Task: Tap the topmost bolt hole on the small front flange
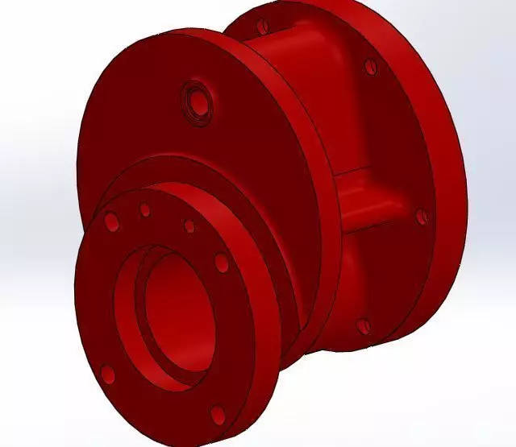(x=145, y=210)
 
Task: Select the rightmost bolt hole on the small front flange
(x=222, y=263)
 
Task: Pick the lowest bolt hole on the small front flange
(x=216, y=415)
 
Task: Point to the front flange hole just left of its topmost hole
(x=111, y=221)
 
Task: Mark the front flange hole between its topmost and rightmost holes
(x=189, y=226)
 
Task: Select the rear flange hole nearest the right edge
(x=420, y=216)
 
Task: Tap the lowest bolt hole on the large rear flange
(x=364, y=326)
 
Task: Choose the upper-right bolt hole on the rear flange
(x=370, y=67)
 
